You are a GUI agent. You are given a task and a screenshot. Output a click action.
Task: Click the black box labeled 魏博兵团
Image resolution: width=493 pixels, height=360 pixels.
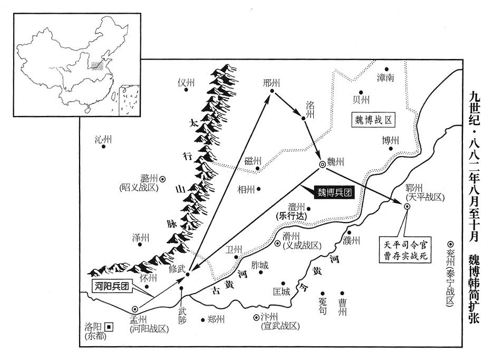click(x=333, y=192)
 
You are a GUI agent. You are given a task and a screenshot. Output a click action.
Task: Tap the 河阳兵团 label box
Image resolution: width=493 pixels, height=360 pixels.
click(x=113, y=287)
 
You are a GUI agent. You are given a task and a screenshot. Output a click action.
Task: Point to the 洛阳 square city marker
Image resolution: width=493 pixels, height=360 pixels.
click(x=109, y=326)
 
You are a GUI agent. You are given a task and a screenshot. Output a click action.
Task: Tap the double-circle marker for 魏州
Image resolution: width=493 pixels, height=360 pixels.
click(x=323, y=164)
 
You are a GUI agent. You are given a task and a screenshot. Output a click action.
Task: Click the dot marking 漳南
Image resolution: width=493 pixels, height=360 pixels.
click(x=386, y=70)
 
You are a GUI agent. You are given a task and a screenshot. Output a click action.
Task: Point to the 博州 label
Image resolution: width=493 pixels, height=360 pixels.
click(x=390, y=140)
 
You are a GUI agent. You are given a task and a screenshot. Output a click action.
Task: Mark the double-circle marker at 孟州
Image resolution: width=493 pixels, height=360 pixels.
click(x=135, y=309)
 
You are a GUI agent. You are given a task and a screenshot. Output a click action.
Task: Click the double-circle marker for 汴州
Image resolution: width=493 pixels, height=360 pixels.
click(x=256, y=317)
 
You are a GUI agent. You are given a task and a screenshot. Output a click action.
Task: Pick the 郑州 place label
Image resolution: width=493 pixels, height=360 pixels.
click(x=216, y=319)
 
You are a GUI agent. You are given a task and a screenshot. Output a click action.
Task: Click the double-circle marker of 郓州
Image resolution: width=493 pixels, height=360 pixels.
click(x=407, y=206)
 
